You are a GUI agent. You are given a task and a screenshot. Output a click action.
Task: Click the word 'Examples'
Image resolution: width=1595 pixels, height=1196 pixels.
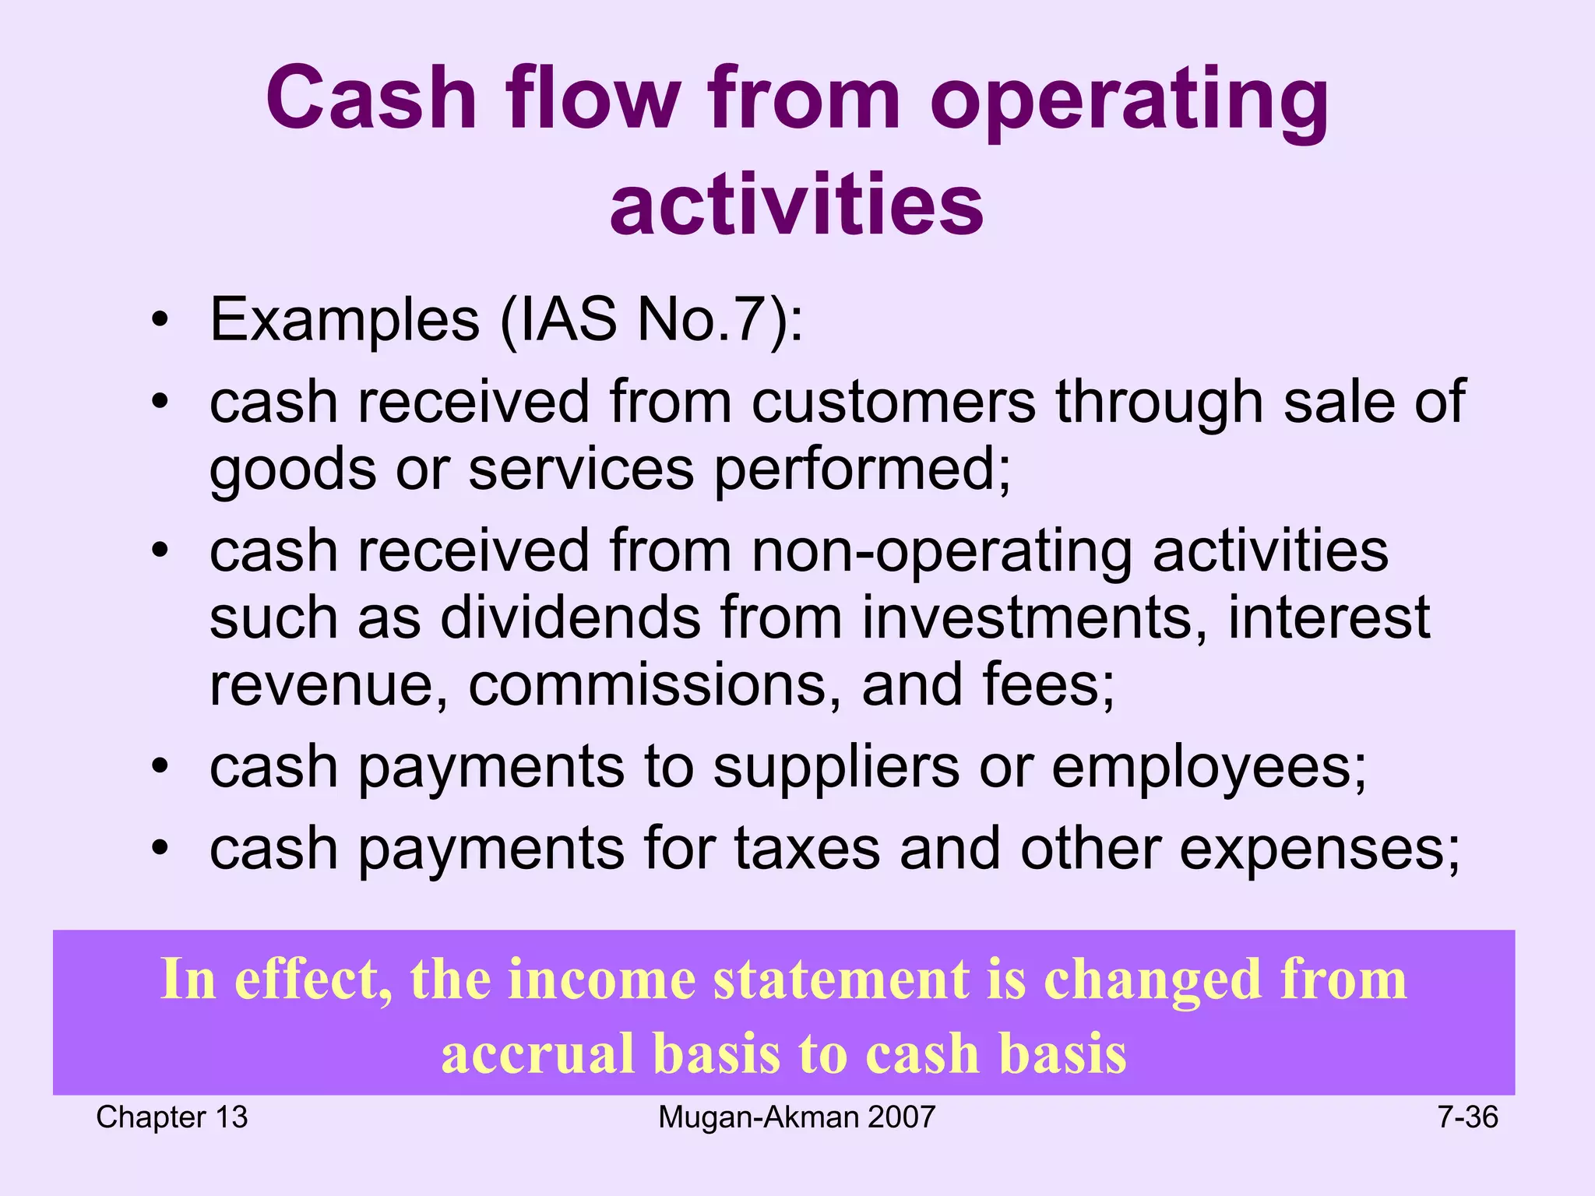point(344,320)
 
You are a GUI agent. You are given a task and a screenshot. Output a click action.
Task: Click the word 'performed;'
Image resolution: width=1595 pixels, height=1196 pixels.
point(863,470)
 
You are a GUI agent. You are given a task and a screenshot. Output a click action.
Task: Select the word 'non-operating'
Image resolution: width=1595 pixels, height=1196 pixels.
point(942,551)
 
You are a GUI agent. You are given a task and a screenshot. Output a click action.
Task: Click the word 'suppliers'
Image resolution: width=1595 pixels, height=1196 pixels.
point(836,767)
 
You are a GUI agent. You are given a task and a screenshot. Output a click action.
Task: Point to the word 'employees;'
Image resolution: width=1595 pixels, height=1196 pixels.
point(1209,767)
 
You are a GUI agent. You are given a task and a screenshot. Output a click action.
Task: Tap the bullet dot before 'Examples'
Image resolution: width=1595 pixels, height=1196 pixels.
point(160,321)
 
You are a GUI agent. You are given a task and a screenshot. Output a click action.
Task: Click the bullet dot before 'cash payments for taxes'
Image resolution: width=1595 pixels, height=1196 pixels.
point(160,849)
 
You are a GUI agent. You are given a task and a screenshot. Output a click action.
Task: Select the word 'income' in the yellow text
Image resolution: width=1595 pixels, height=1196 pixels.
point(601,980)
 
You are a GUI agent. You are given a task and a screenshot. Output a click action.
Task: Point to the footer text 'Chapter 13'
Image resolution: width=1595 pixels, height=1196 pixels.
point(171,1118)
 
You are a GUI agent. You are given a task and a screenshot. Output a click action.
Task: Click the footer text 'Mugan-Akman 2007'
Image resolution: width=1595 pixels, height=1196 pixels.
point(796,1118)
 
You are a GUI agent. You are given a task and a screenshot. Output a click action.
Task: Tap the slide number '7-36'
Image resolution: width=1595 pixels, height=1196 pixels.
point(1467,1118)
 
